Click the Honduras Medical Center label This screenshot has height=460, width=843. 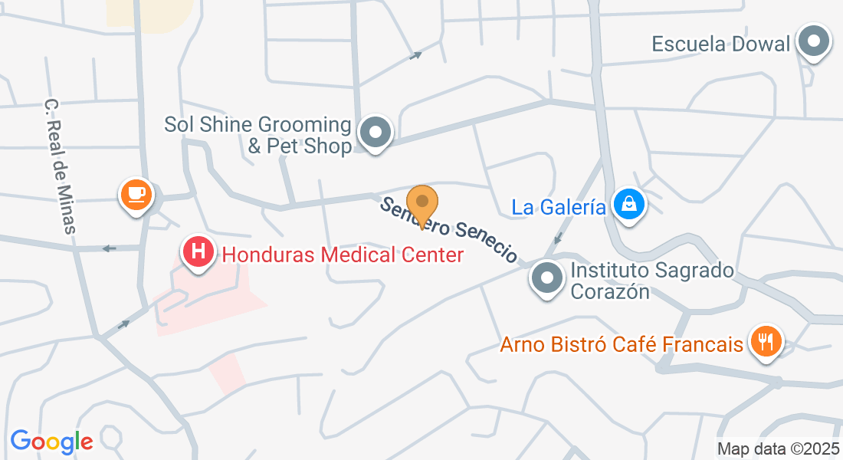tap(343, 255)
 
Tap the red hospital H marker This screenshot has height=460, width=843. tap(198, 252)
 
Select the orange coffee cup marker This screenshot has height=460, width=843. tap(136, 194)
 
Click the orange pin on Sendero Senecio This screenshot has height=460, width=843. tap(421, 202)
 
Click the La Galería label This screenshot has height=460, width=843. tap(559, 207)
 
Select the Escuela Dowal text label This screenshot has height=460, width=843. tap(720, 44)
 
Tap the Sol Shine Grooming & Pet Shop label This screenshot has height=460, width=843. tap(257, 135)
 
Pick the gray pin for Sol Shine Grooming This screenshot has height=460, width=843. tap(375, 133)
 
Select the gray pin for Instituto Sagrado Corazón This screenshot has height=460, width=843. tap(547, 277)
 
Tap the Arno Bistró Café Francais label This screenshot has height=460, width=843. tap(622, 344)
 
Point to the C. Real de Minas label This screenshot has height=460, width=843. tap(61, 165)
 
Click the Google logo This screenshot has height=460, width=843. tap(51, 441)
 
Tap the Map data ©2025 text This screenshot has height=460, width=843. tap(778, 449)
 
